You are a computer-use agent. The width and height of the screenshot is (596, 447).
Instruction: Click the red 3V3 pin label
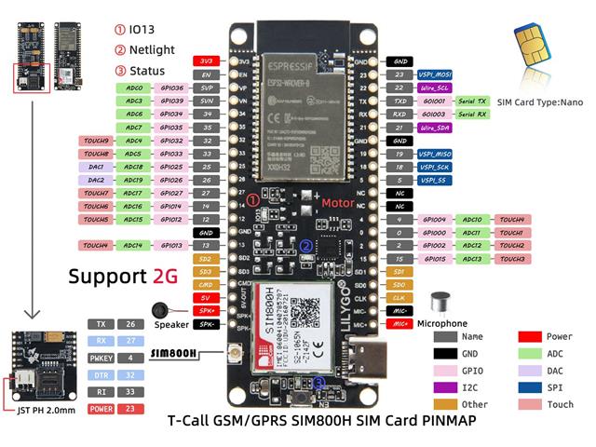tap(206, 61)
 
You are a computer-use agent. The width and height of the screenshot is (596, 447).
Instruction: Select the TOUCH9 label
tap(97, 141)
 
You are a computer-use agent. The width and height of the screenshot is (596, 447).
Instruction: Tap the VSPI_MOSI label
tap(435, 74)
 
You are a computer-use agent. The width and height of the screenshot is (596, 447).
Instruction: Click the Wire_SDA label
tap(435, 127)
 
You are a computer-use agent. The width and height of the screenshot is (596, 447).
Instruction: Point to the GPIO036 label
tap(171, 87)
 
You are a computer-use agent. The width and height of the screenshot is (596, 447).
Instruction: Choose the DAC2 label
tap(97, 180)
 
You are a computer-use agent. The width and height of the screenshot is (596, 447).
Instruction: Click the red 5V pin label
tap(206, 297)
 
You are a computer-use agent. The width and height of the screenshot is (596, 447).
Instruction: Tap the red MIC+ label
tap(399, 324)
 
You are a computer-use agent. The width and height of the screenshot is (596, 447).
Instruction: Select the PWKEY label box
tap(101, 357)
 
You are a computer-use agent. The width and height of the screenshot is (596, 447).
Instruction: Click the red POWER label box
tap(101, 407)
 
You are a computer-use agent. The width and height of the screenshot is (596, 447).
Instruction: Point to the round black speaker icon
tap(161, 309)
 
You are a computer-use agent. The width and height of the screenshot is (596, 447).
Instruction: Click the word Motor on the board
tap(338, 201)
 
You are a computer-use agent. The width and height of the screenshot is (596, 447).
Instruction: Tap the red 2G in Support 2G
tap(162, 276)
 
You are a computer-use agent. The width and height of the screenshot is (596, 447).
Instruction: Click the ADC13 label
tap(472, 258)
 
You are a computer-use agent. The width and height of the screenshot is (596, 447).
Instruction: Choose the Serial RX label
tap(472, 114)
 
